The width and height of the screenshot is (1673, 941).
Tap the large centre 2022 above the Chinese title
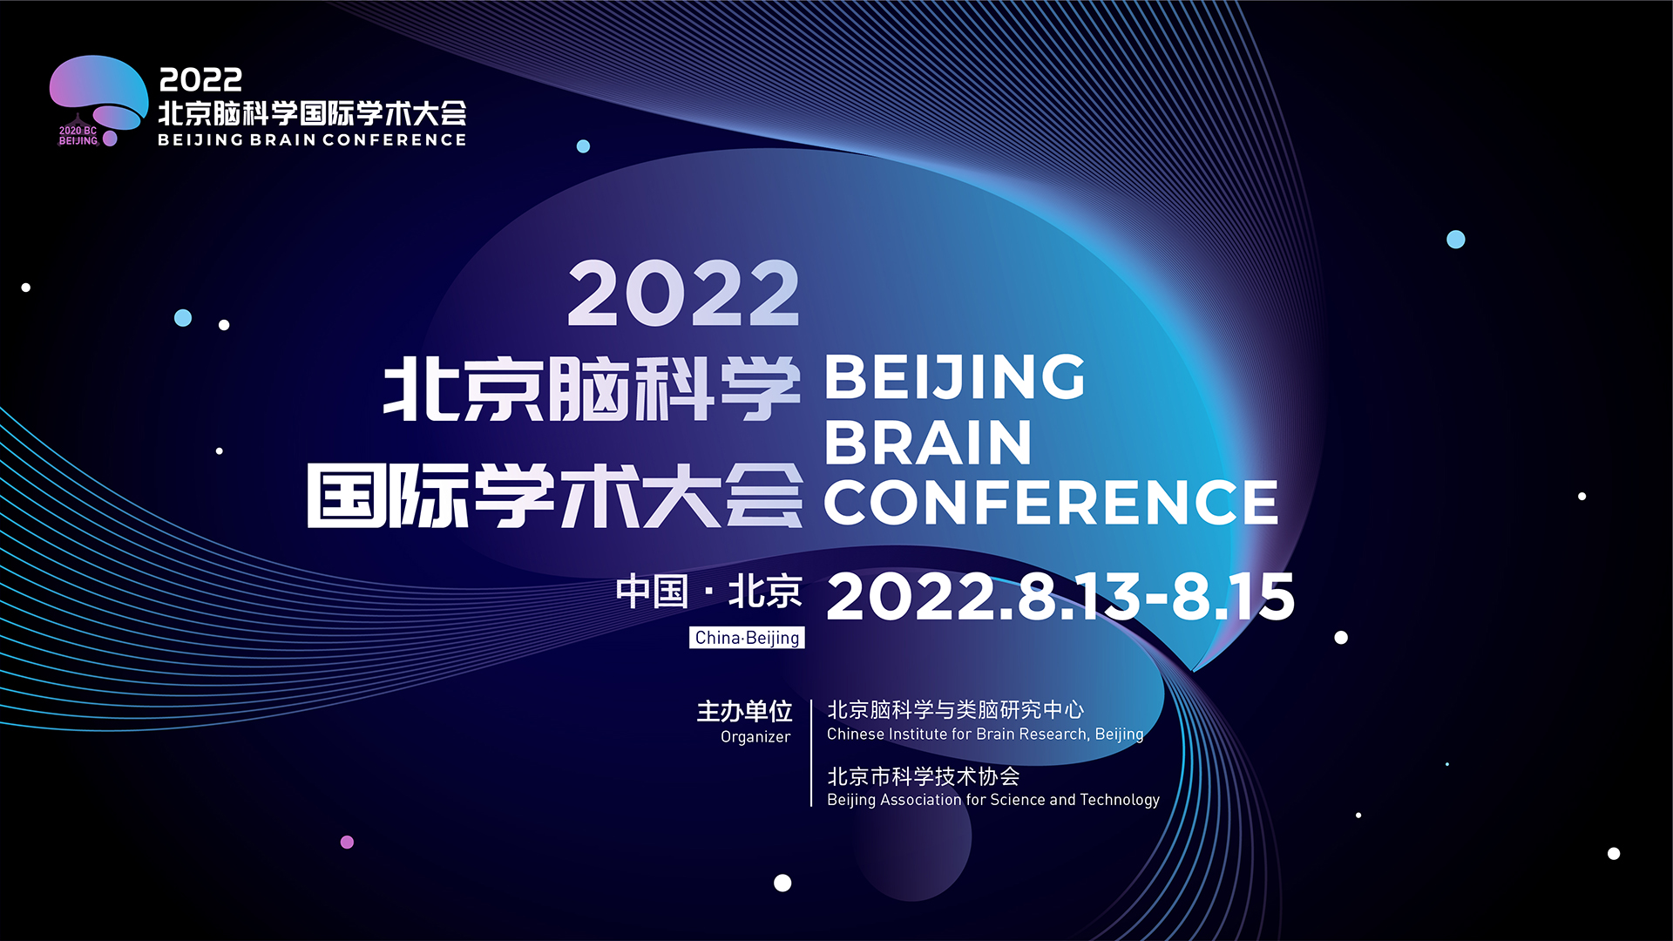pos(683,294)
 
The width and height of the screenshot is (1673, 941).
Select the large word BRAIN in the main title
pos(928,442)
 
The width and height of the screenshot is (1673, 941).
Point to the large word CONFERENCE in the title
pos(1051,503)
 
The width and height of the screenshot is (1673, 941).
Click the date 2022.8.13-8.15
pos(1060,597)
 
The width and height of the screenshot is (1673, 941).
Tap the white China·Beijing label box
pos(747,638)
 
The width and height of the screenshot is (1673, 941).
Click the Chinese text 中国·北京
pos(708,592)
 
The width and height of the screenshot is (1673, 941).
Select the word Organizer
pos(755,737)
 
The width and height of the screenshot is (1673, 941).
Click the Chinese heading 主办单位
pos(744,712)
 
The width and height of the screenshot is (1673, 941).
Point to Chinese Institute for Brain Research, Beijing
pos(985,735)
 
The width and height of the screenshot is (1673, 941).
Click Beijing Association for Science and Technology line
pos(993,800)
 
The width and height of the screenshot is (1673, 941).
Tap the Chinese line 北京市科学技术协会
pos(923,775)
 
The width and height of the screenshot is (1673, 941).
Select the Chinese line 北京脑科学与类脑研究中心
pos(955,710)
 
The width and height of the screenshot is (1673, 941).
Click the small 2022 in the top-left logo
pos(200,80)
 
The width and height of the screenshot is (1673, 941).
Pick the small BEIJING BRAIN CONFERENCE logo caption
pos(312,139)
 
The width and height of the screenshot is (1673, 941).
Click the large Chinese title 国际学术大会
pos(554,496)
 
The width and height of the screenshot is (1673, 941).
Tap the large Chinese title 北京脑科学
pos(592,389)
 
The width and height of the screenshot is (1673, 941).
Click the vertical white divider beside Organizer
pos(811,753)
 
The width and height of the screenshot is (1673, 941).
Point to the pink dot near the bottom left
pos(347,842)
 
